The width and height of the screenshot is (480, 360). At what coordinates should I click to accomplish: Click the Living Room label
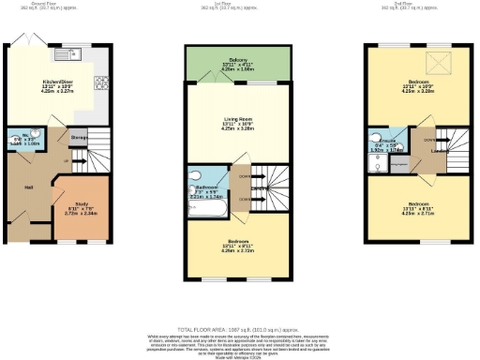coord(224,119)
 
